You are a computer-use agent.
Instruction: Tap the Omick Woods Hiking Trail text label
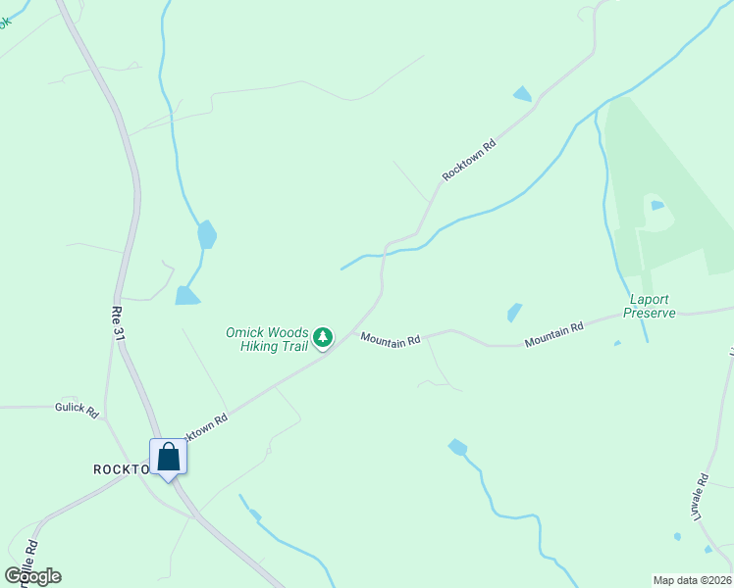tap(267, 340)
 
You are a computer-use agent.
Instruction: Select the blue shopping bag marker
tap(168, 457)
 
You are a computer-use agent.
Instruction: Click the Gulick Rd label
tap(78, 411)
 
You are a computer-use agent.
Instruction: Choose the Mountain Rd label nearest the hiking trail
tap(390, 339)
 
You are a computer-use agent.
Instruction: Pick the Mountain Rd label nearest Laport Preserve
tap(553, 334)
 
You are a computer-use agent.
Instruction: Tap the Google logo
tap(33, 575)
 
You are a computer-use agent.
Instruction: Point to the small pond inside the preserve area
tap(656, 205)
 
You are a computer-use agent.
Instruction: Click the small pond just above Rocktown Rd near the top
tap(522, 94)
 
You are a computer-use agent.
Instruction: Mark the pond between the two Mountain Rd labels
tap(514, 312)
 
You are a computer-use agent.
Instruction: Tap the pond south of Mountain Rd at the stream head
tap(457, 447)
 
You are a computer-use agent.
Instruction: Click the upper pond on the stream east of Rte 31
tap(206, 234)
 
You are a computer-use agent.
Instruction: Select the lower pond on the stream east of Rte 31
tap(186, 295)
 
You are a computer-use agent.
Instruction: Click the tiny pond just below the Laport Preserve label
tap(616, 343)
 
